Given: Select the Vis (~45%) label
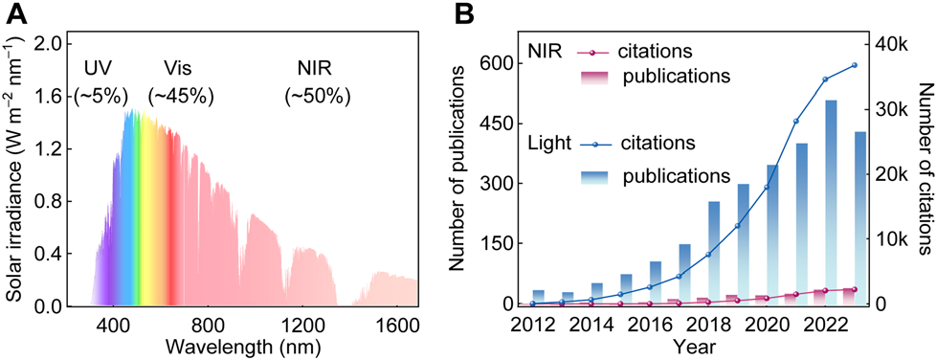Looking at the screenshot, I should (180, 82).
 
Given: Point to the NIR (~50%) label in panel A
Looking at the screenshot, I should (319, 82).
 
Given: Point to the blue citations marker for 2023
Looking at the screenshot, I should (855, 65).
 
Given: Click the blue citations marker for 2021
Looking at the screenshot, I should (796, 122).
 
